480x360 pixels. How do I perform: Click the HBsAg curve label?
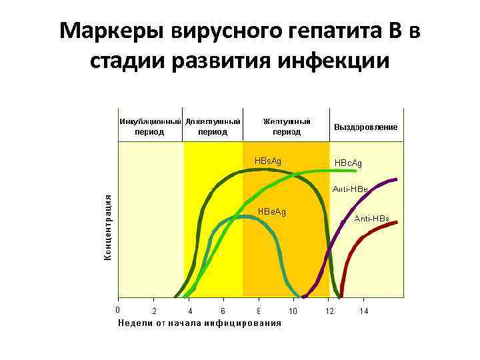click(x=268, y=161)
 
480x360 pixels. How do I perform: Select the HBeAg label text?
click(x=271, y=212)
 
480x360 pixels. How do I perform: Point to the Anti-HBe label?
click(x=350, y=189)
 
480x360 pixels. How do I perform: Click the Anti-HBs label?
click(x=371, y=219)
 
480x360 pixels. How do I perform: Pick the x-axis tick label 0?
click(x=117, y=309)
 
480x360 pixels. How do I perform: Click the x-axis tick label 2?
click(x=155, y=311)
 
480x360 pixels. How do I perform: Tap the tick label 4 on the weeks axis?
click(x=190, y=311)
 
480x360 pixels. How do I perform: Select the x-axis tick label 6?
click(x=224, y=311)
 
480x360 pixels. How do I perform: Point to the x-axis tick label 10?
click(x=293, y=311)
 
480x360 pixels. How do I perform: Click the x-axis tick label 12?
click(x=329, y=311)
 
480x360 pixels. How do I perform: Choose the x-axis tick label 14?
click(x=363, y=311)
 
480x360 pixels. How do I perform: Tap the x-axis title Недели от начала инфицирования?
click(x=199, y=323)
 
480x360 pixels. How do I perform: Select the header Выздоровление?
click(x=366, y=127)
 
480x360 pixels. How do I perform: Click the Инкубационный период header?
click(x=150, y=127)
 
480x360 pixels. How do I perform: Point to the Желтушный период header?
click(x=287, y=127)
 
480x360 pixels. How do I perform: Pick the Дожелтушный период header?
click(x=213, y=127)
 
